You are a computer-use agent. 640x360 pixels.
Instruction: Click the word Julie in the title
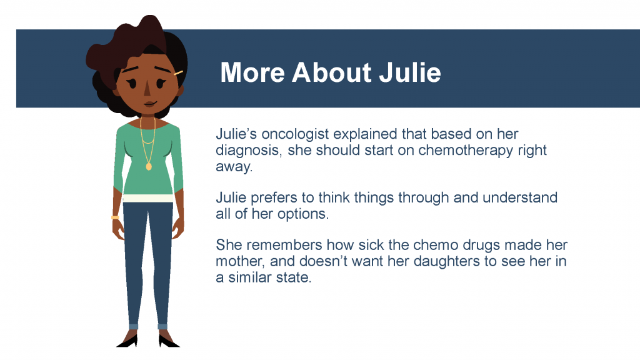click(x=410, y=72)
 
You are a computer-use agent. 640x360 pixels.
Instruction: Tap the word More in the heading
click(x=252, y=72)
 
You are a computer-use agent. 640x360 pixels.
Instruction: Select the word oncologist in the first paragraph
click(x=295, y=135)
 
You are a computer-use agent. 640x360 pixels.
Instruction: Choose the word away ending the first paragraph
click(x=234, y=167)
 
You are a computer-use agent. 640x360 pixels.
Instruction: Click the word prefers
click(x=274, y=198)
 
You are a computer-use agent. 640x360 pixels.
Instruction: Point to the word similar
click(x=247, y=277)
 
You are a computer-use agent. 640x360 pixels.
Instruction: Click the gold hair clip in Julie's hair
click(x=178, y=74)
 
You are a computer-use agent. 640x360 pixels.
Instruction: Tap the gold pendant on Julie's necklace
click(x=149, y=166)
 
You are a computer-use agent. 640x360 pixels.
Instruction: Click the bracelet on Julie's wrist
click(x=115, y=217)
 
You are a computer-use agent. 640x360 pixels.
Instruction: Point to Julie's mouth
click(x=149, y=104)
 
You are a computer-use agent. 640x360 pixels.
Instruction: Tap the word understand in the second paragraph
click(x=520, y=198)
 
